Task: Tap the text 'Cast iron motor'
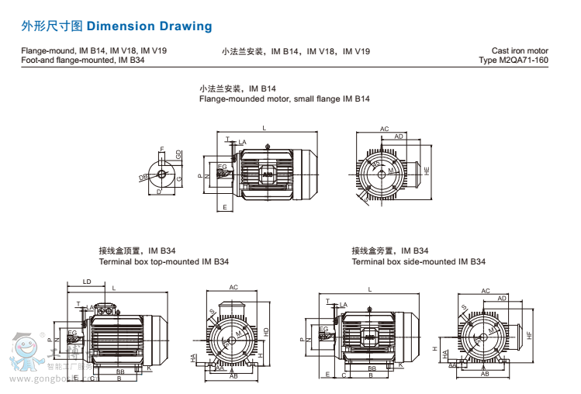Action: point(520,51)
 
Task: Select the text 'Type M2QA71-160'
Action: point(514,60)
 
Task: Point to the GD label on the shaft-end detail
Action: point(178,155)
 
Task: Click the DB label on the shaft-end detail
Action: point(144,178)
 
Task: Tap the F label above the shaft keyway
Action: point(161,149)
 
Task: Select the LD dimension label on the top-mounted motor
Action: point(86,282)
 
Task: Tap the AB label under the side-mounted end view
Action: point(484,374)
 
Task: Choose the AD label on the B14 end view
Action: point(398,137)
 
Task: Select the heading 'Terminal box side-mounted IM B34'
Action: point(418,262)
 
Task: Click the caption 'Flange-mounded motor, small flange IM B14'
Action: point(284,99)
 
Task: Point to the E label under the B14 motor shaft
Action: point(224,207)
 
